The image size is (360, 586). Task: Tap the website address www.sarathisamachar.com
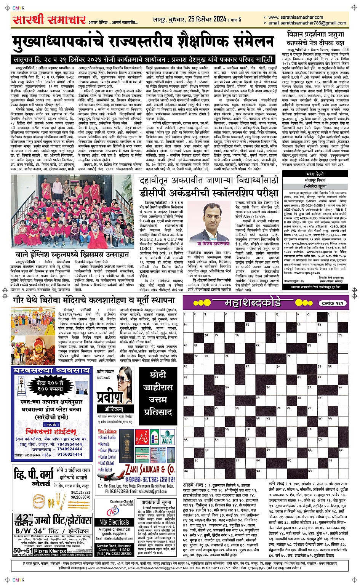click(x=296, y=17)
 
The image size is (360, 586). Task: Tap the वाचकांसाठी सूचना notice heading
click(x=156, y=503)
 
